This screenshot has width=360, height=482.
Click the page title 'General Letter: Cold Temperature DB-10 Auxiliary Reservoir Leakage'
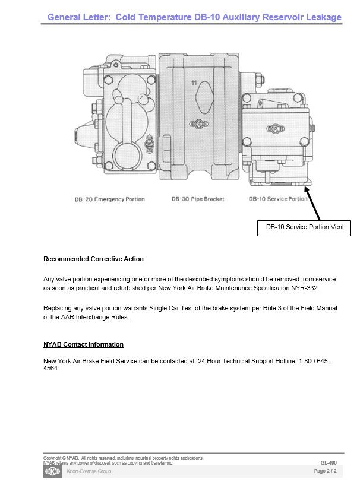click(194, 17)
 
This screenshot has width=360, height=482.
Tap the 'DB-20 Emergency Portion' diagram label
click(109, 199)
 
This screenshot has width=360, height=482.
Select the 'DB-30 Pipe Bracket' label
click(198, 199)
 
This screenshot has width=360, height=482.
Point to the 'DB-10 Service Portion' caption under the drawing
click(278, 199)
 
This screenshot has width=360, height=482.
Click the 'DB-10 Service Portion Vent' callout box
click(304, 227)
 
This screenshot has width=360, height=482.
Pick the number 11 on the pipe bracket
click(194, 83)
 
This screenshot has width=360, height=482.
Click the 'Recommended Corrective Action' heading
click(93, 259)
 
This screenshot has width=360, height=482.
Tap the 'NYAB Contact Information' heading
click(83, 345)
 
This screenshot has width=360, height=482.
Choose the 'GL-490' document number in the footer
click(329, 462)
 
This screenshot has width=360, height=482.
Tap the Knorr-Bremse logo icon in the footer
click(52, 471)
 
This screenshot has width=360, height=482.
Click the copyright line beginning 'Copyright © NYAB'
click(123, 458)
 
